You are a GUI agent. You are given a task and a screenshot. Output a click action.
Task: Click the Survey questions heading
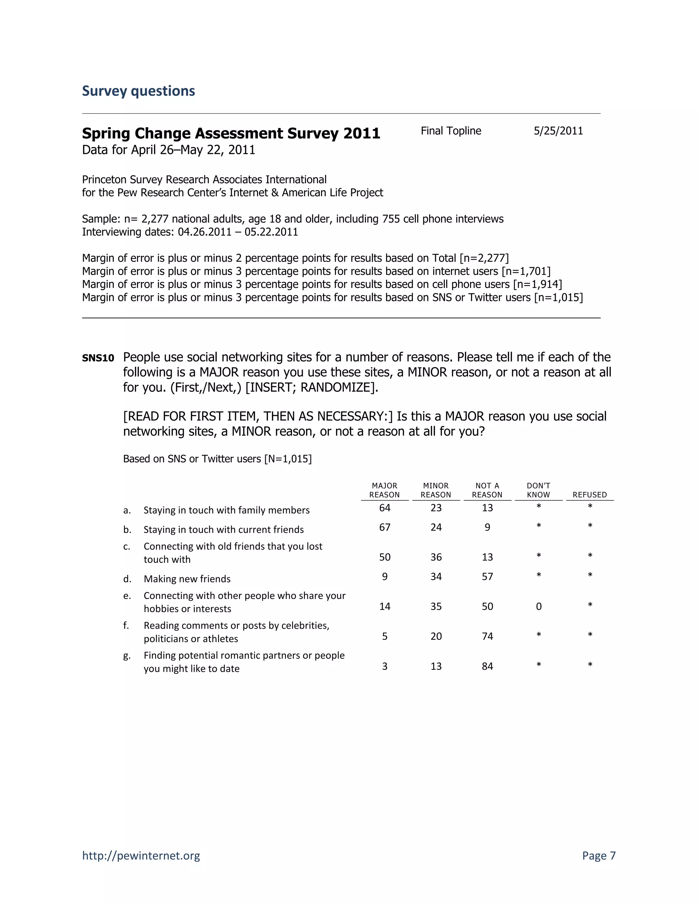click(x=138, y=91)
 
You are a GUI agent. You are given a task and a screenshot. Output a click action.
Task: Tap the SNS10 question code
click(x=98, y=358)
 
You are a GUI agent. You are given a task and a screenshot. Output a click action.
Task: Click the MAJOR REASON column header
click(x=384, y=490)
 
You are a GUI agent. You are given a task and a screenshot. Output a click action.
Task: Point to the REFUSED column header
click(x=589, y=495)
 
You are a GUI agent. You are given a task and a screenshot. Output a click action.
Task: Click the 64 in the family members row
click(x=384, y=508)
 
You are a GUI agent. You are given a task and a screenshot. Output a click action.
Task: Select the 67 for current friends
click(x=384, y=527)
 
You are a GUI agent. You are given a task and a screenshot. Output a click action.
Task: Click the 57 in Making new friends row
click(x=487, y=577)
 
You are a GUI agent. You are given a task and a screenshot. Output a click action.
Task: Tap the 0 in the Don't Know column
click(x=538, y=607)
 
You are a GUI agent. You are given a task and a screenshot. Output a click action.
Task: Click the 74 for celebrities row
click(x=487, y=636)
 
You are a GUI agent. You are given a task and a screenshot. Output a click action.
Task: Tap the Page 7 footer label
click(x=598, y=855)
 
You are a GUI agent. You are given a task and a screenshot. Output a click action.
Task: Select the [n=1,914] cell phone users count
click(x=537, y=285)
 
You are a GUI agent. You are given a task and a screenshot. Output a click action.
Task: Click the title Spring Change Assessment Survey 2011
click(x=231, y=133)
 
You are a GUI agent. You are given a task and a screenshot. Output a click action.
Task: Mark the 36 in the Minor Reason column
click(x=436, y=557)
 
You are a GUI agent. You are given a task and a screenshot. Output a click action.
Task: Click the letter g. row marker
click(x=126, y=656)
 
